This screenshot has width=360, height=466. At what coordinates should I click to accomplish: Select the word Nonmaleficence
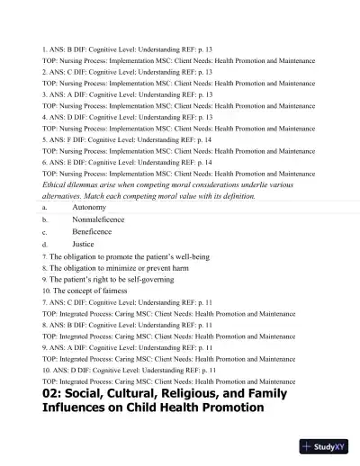click(98, 219)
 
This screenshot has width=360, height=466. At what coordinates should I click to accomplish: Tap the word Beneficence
click(94, 231)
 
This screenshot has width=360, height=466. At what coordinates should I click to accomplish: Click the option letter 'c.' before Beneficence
click(45, 231)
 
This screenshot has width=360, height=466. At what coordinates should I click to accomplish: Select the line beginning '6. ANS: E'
click(126, 162)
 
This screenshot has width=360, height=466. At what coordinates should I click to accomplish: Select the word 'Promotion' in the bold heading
click(225, 408)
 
